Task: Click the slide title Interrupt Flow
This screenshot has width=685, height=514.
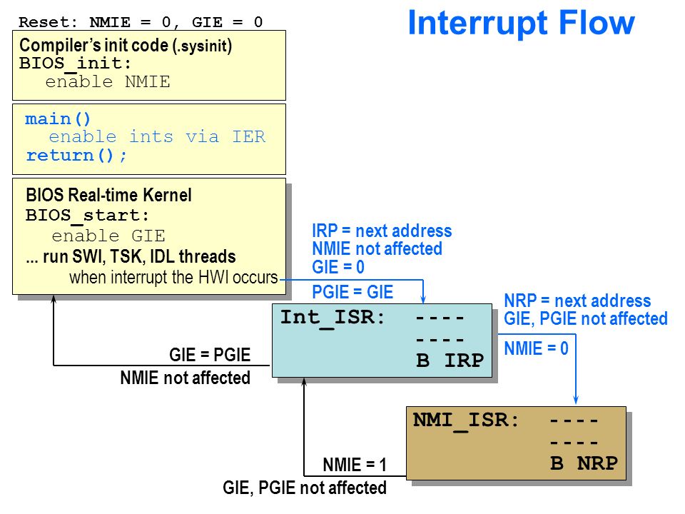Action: pos(521,24)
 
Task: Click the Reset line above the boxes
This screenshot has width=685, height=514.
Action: pos(141,22)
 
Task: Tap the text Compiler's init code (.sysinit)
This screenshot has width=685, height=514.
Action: pos(126,46)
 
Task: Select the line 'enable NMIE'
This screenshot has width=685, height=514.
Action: pos(108,81)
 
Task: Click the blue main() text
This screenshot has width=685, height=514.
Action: pos(58,119)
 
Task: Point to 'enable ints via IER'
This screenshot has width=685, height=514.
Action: pos(157,136)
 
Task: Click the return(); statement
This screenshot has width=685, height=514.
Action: pos(76,155)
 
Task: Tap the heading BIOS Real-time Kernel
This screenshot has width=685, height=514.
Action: pos(108,195)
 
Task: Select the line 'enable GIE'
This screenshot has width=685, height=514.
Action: pos(108,236)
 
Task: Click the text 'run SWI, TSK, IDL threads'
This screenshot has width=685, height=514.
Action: pos(139,256)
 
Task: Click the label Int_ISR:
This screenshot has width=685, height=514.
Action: pos(332,318)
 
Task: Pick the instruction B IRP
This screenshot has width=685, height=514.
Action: pos(450,361)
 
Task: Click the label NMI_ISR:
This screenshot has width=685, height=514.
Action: pos(466,420)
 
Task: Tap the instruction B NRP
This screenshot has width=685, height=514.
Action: pos(584,463)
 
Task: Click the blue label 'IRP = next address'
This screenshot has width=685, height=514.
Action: pos(382,231)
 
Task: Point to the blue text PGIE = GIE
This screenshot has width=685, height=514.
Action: pos(352,292)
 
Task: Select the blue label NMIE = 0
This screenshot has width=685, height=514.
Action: pos(536,348)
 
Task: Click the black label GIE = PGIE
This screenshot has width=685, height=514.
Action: pos(210,355)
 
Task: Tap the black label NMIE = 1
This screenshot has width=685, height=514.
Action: pos(355,465)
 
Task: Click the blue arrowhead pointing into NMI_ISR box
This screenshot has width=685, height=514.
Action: pos(576,400)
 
